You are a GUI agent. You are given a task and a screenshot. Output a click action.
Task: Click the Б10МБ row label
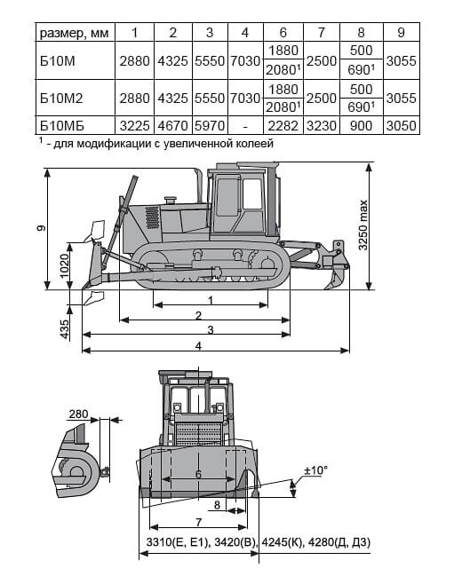click(62, 126)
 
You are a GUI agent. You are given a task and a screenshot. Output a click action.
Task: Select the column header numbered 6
click(283, 33)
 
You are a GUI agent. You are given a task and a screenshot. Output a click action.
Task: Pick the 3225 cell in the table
click(134, 126)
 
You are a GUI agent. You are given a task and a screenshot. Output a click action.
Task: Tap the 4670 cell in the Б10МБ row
click(172, 126)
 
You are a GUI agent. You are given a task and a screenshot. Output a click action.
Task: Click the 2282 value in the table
click(283, 126)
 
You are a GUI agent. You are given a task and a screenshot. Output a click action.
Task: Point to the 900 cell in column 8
click(362, 126)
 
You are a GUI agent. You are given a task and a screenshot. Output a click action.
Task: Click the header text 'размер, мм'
click(74, 33)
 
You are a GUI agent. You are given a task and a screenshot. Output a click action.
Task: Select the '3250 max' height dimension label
click(363, 225)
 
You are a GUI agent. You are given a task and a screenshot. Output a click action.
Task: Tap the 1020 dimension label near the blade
click(65, 266)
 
